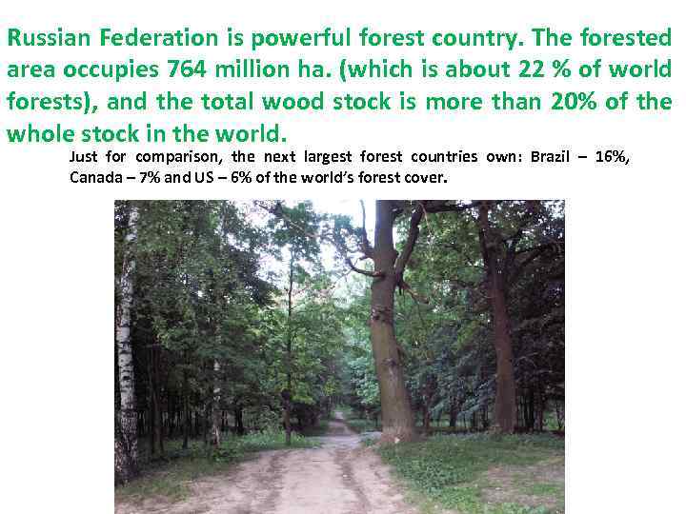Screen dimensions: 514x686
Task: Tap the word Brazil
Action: pos(550,157)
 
